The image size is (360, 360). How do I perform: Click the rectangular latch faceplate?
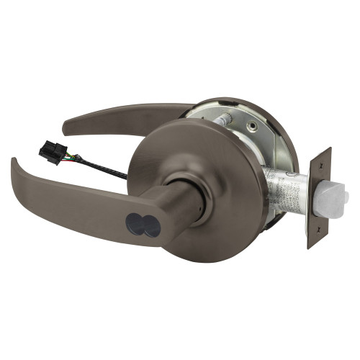click(318, 198)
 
